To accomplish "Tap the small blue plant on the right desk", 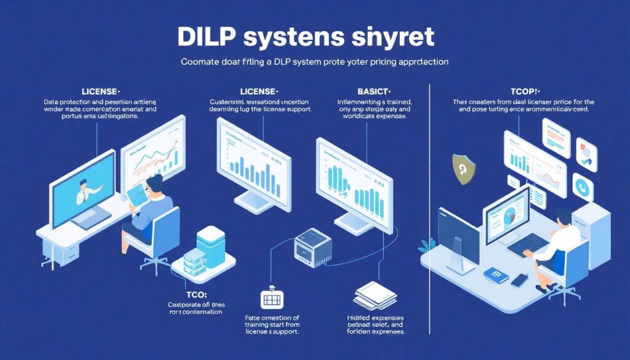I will tap(425, 246).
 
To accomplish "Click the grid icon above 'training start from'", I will tap(271, 300).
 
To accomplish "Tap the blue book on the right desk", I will tap(495, 274).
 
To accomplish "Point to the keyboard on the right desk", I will tap(526, 245).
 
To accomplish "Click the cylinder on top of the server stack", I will tap(210, 237).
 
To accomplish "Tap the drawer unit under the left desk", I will tap(68, 252).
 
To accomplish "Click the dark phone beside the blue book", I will tap(520, 280).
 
